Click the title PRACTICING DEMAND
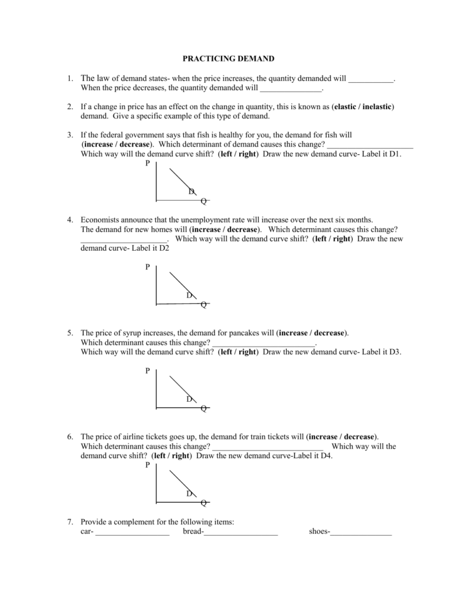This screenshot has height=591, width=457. click(228, 58)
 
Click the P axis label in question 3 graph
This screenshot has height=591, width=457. click(148, 164)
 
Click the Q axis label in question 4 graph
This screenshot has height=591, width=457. click(203, 305)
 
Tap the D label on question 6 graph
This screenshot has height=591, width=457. click(189, 493)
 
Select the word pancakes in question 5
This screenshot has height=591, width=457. click(243, 333)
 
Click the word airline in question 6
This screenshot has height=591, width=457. click(133, 436)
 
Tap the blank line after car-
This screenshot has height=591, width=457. click(132, 533)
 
